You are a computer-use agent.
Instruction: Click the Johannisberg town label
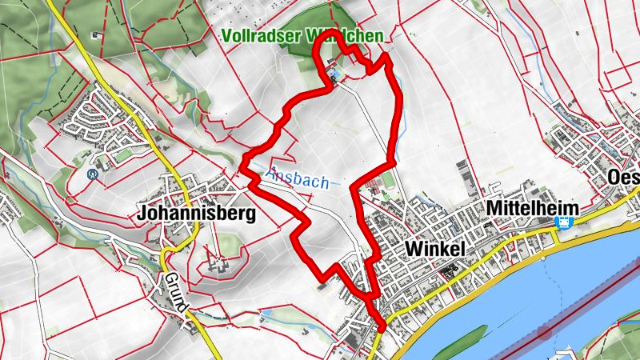pyautogui.click(x=196, y=214)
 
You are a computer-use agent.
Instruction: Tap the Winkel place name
pyautogui.click(x=435, y=248)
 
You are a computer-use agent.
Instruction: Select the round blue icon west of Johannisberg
pyautogui.click(x=92, y=171)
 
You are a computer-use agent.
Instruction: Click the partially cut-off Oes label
pyautogui.click(x=623, y=177)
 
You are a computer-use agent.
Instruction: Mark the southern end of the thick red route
pyautogui.click(x=382, y=327)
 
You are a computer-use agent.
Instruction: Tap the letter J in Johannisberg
pyautogui.click(x=142, y=214)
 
